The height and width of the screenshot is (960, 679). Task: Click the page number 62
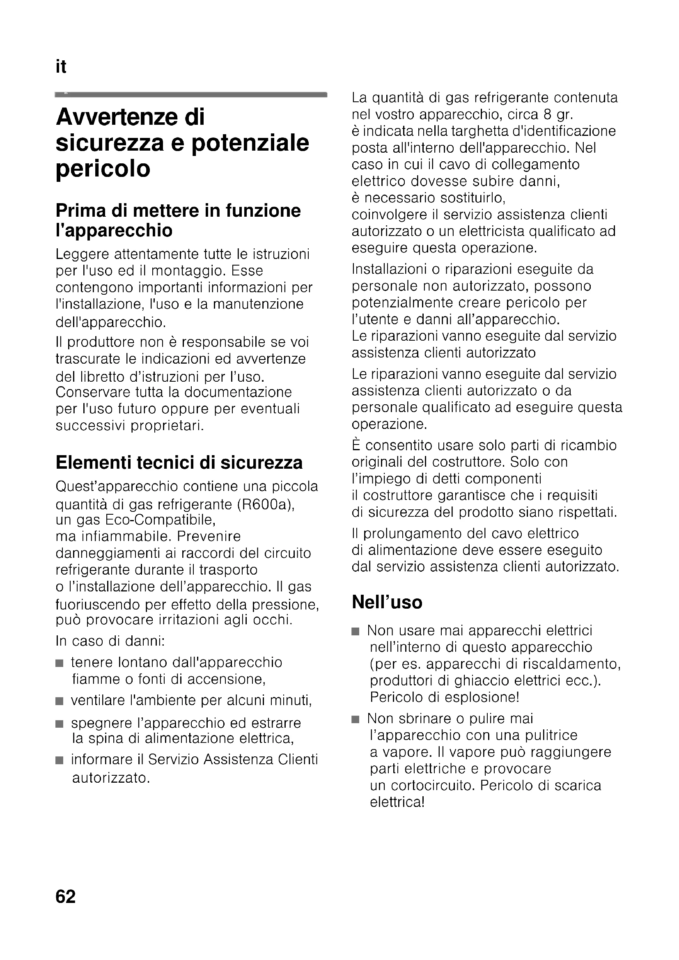coord(66,897)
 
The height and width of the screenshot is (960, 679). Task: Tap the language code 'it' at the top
coord(61,67)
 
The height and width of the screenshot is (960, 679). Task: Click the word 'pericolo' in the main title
coord(103,170)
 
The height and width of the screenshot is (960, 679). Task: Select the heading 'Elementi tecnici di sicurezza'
coord(179,463)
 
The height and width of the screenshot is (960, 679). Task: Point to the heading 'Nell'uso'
coord(387,603)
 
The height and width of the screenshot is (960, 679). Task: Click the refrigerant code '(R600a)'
coord(266,505)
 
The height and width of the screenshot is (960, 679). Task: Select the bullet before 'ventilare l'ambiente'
coord(60,701)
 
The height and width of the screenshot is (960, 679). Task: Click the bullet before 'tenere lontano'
coord(60,663)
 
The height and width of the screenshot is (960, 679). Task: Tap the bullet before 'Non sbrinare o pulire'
coord(356,719)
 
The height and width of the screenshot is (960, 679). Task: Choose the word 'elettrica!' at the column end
coord(397,802)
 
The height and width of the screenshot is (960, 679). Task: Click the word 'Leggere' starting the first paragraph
coord(83,254)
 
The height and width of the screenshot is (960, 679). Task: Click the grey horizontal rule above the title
coord(190,95)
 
